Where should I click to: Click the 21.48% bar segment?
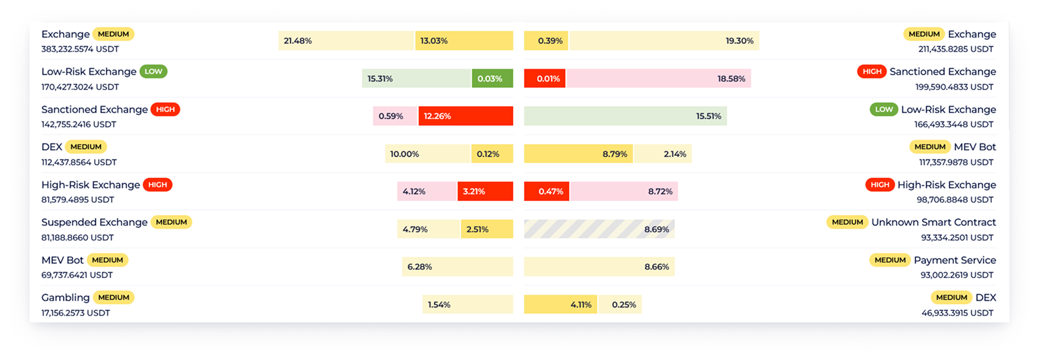pos(346,41)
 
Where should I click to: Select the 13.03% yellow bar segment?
pos(464,41)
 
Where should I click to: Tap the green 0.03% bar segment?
pos(492,79)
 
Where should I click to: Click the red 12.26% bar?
pos(465,116)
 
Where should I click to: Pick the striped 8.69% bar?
pos(599,229)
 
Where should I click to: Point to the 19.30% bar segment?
pos(664,41)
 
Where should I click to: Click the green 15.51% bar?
pos(625,116)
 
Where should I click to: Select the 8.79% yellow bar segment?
pos(578,154)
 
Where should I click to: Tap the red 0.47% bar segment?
pos(546,191)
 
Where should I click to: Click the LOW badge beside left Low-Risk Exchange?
pos(153,72)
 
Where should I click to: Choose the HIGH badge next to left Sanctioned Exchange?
pos(165,109)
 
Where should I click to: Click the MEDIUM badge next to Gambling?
pos(113,297)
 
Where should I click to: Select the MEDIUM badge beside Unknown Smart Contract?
pos(847,222)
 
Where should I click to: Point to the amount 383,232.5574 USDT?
pos(80,49)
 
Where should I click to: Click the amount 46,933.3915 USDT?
pos(957,313)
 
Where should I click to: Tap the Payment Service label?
pos(955,260)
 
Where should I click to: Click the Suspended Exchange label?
pos(95,222)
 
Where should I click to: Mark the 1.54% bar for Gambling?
pos(467,305)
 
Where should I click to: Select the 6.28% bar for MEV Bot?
pos(457,267)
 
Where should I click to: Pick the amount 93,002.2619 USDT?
pos(957,275)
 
